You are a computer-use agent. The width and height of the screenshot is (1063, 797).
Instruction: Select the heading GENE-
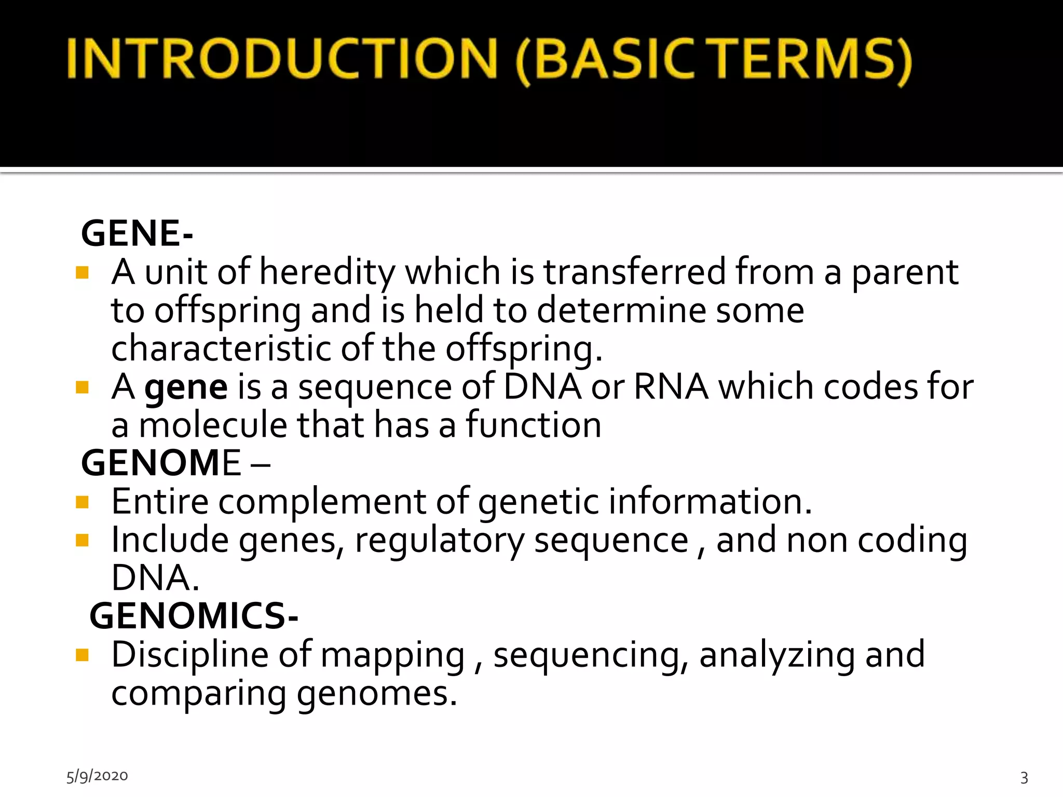click(137, 233)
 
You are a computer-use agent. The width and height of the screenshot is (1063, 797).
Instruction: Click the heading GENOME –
click(175, 463)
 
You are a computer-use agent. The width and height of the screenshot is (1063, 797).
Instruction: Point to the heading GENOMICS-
click(194, 616)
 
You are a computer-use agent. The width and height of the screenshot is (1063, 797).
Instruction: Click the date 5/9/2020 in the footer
click(97, 776)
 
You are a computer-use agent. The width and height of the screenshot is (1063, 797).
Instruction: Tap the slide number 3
click(1024, 777)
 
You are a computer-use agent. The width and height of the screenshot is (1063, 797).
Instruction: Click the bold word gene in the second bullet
click(186, 387)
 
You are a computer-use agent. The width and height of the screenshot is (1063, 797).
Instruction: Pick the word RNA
click(671, 387)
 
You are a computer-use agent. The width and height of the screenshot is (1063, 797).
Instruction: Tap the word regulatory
click(440, 541)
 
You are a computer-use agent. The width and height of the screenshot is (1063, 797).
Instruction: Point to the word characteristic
click(221, 348)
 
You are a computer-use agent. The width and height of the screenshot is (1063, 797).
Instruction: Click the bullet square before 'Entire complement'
click(82, 502)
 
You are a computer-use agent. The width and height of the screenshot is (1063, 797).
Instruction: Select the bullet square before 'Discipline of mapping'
click(82, 655)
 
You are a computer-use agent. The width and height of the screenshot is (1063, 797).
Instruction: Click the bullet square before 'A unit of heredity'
click(82, 272)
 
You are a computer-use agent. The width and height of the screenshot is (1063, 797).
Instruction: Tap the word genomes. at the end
click(377, 694)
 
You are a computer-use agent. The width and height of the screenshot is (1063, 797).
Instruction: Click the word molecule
click(213, 425)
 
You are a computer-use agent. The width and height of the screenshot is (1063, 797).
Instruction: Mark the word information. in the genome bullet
click(710, 502)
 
